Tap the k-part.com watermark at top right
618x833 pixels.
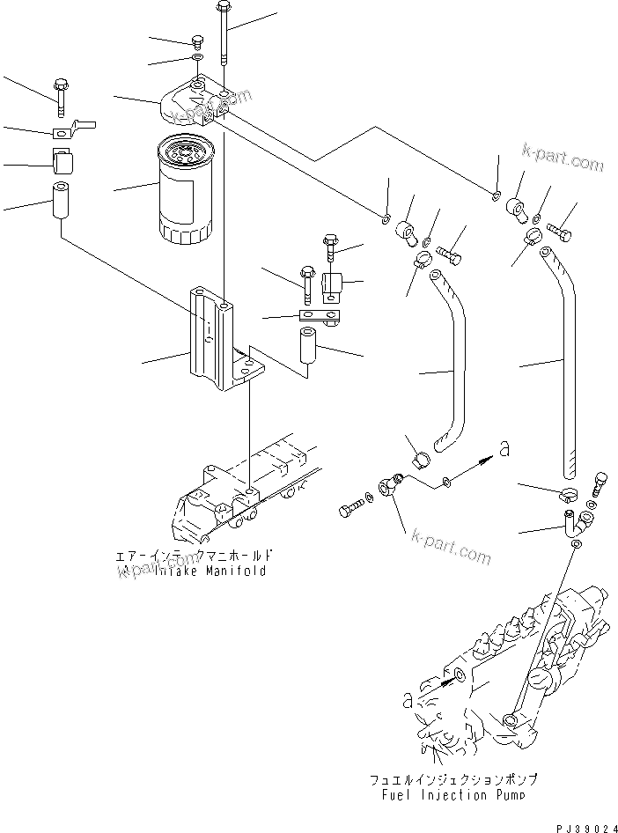pos(562,160)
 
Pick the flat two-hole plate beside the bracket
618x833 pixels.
pos(320,315)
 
